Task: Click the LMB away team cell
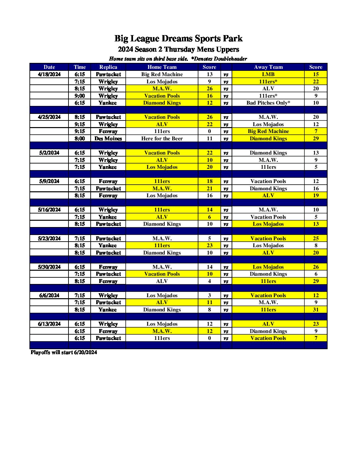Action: (268, 74)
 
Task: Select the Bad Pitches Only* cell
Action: (268, 103)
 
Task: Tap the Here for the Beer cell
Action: (162, 139)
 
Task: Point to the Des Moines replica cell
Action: (108, 139)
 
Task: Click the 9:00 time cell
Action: (80, 96)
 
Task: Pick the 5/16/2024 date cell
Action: (49, 210)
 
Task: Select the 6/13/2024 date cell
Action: (49, 324)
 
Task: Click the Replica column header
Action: (108, 67)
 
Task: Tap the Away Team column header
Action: (268, 67)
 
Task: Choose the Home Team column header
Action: (162, 67)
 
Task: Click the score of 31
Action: (316, 310)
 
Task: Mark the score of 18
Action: (209, 181)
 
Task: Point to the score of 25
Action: (316, 239)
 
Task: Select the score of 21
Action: (209, 189)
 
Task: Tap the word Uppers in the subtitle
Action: (228, 50)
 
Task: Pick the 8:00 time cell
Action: (80, 139)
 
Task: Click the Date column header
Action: (49, 67)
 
